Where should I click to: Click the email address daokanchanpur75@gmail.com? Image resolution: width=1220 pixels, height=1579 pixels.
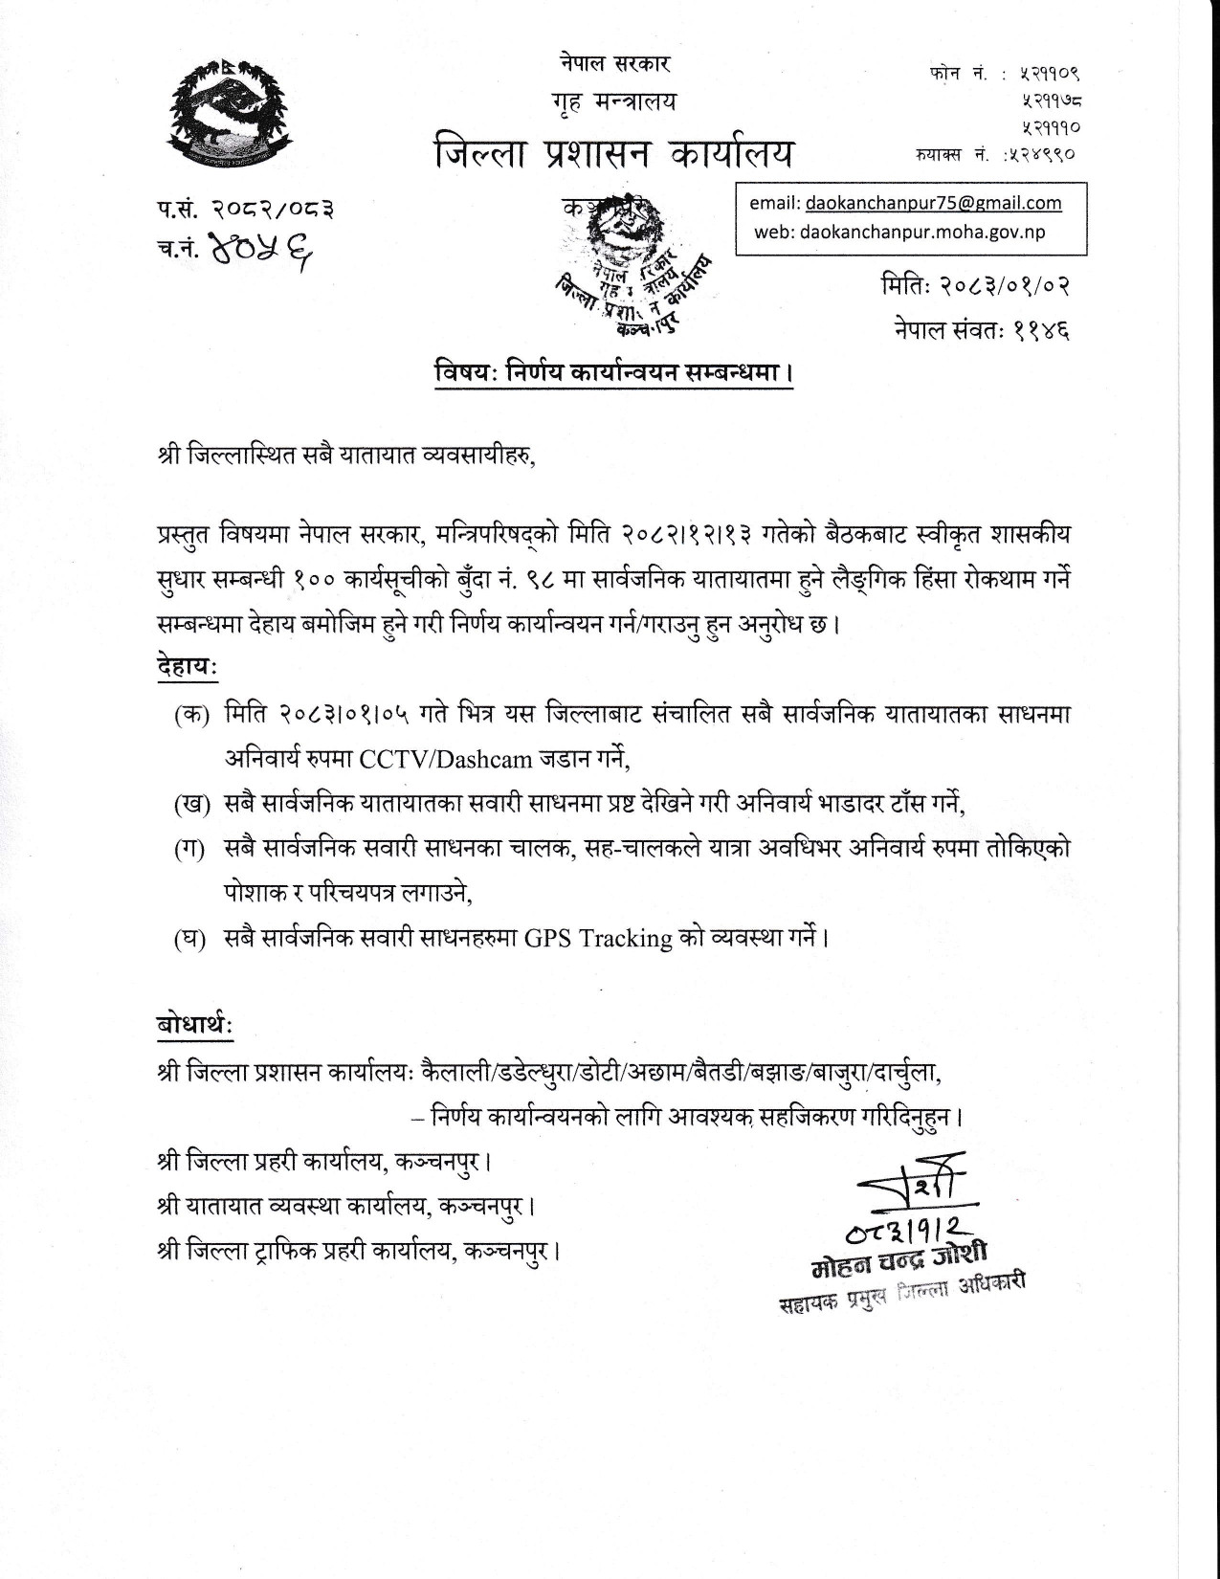(933, 203)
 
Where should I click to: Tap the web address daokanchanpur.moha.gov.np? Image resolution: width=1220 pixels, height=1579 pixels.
(899, 232)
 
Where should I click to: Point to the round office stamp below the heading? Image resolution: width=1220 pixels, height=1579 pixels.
(628, 265)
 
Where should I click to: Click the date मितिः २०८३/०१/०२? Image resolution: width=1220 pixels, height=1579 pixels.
(973, 285)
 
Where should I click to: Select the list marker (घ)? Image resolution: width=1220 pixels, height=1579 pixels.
(191, 938)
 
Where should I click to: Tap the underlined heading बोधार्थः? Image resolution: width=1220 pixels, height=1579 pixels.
(194, 1026)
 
